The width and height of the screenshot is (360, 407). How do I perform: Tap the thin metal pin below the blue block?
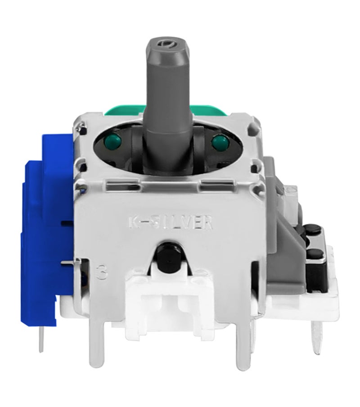coord(41,338)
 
